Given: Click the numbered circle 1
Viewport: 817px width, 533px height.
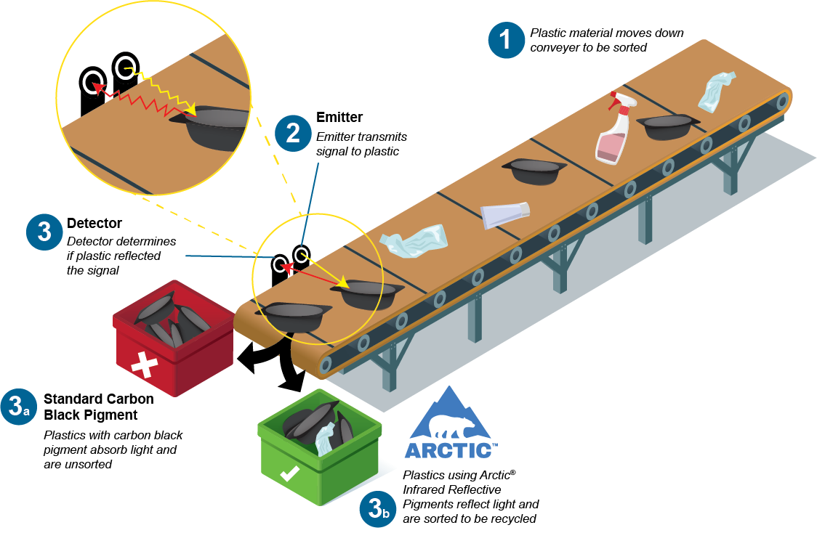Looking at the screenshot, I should pyautogui.click(x=506, y=39).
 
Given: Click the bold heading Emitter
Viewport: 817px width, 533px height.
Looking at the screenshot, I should pyautogui.click(x=339, y=118).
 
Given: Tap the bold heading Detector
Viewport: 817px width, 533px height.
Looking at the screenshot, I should pyautogui.click(x=94, y=223).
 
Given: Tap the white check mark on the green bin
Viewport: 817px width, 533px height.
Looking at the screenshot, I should pyautogui.click(x=289, y=474).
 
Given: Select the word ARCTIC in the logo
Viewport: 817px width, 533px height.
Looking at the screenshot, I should pyautogui.click(x=450, y=450).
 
